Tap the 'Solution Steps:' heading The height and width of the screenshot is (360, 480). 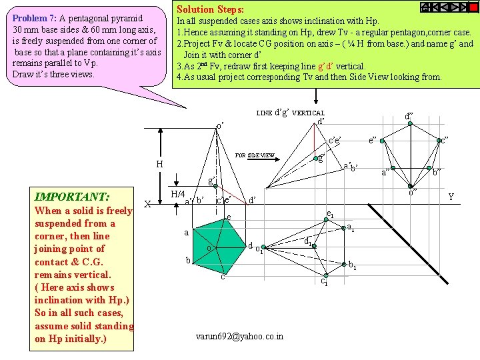tap(209, 9)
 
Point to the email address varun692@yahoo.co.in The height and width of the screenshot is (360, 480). tap(239, 336)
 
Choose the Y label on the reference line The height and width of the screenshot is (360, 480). tap(451, 197)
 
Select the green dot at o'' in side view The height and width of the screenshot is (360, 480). tap(412, 187)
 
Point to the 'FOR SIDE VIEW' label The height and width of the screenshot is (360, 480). tap(255, 155)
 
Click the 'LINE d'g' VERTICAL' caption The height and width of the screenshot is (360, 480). tap(290, 113)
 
